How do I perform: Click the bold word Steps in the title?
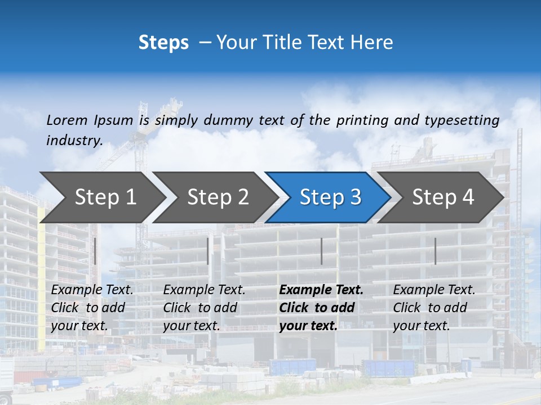click(163, 43)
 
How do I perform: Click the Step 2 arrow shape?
click(214, 197)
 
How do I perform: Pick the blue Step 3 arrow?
click(327, 197)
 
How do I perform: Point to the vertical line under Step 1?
click(95, 251)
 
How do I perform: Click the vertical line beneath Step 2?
click(208, 251)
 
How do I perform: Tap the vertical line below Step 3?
click(322, 251)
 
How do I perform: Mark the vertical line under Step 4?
click(436, 251)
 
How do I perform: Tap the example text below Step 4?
click(434, 308)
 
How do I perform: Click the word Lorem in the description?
click(67, 120)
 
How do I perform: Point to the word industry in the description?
click(74, 141)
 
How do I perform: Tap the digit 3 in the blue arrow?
click(354, 197)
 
